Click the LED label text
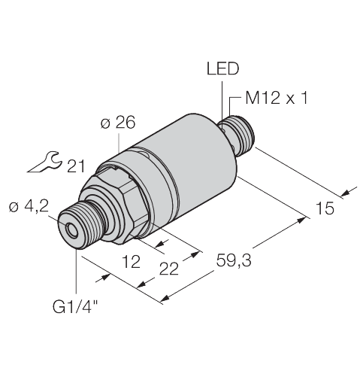point(222,70)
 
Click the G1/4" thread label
point(74,305)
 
